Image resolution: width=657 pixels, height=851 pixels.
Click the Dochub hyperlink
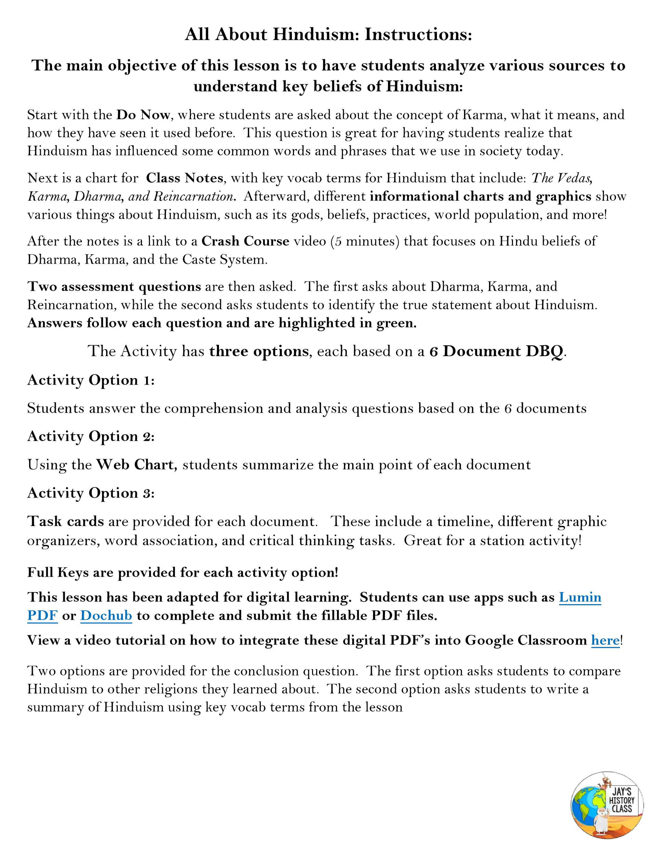pos(106,616)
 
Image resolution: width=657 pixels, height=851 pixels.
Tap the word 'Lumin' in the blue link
pos(580,597)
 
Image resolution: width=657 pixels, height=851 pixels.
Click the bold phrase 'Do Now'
pos(143,115)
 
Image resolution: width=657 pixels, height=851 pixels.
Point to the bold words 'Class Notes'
pos(184,178)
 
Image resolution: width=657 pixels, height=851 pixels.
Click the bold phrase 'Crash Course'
pos(245,241)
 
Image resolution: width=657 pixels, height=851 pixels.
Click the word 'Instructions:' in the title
pos(418,35)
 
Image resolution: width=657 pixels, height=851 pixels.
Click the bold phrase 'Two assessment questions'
pos(114,286)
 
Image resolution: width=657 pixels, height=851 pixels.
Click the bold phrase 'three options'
pos(259,351)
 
